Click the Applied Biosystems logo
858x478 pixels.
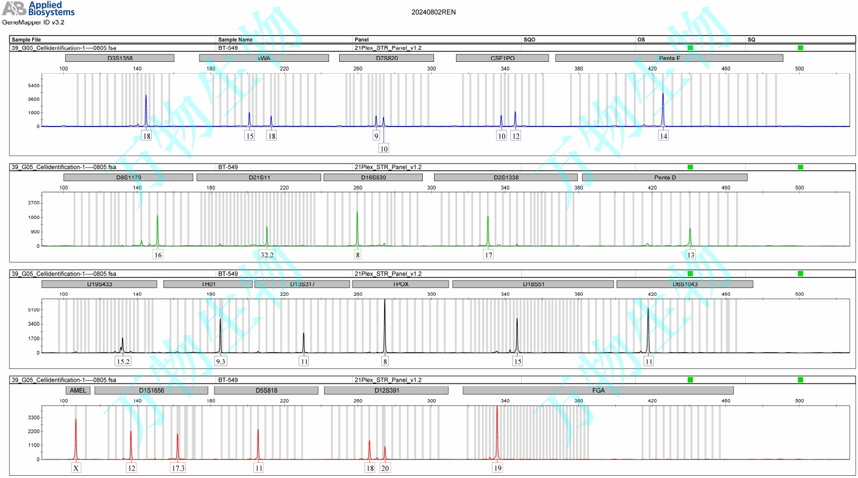pyautogui.click(x=38, y=8)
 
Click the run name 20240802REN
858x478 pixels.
pyautogui.click(x=433, y=12)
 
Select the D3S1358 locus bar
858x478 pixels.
pyautogui.click(x=120, y=58)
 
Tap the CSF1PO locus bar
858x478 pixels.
pyautogui.click(x=502, y=58)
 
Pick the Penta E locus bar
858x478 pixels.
pyautogui.click(x=669, y=58)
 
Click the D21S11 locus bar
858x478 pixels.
pyautogui.click(x=259, y=177)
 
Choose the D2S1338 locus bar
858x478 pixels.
pyautogui.click(x=505, y=177)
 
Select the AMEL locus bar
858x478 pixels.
pyautogui.click(x=78, y=390)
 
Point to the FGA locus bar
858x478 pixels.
pyautogui.click(x=598, y=390)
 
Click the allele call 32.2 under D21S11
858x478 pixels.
pyautogui.click(x=267, y=255)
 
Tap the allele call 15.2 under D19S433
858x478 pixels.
pyautogui.click(x=123, y=362)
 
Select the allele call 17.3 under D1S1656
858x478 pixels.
pyautogui.click(x=178, y=468)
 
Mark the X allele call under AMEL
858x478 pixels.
pyautogui.click(x=76, y=468)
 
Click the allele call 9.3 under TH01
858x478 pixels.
pyautogui.click(x=221, y=362)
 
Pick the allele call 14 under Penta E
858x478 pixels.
pyautogui.click(x=663, y=136)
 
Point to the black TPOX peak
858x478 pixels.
pyautogui.click(x=385, y=326)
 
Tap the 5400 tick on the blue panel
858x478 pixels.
pyautogui.click(x=34, y=85)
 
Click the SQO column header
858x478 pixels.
pyautogui.click(x=529, y=39)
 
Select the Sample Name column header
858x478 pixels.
pyautogui.click(x=235, y=39)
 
